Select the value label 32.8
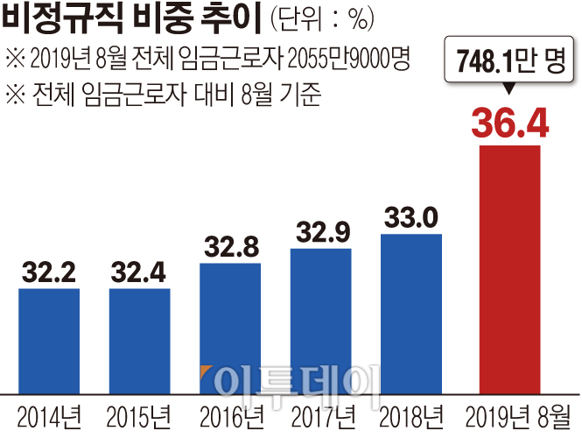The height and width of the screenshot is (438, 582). (230, 247)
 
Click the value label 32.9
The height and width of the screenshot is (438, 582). (320, 233)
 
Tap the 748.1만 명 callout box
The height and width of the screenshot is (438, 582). (510, 60)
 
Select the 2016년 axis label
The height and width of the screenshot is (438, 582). (230, 413)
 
